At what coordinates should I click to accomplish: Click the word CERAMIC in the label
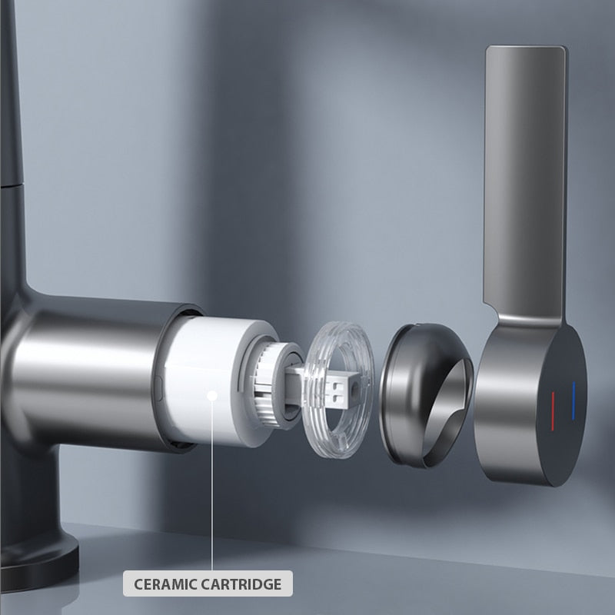(166, 583)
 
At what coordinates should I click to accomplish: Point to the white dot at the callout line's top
(213, 394)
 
